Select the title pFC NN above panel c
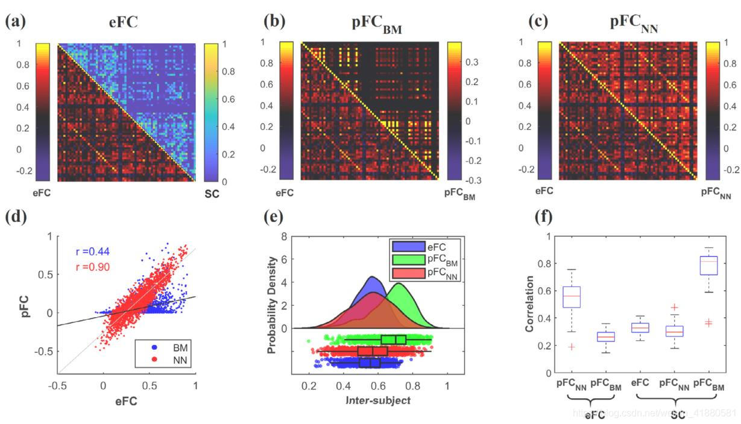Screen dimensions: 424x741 pos(633,24)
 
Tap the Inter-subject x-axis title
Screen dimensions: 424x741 pos(378,400)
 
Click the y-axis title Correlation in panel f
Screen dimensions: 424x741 pos(530,304)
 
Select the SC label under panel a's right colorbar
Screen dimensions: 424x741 pos(212,194)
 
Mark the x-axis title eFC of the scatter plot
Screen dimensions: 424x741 pos(126,399)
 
